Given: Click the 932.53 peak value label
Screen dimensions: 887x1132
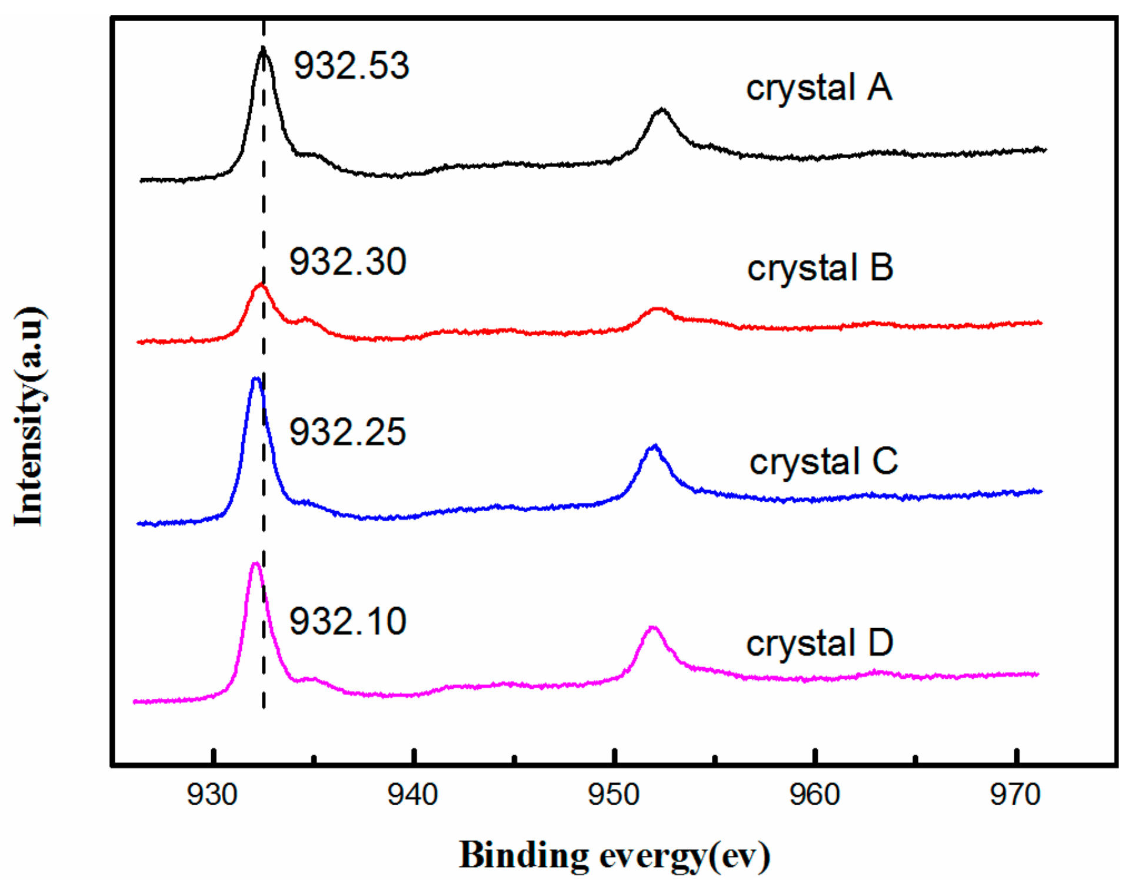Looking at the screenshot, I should [x=351, y=65].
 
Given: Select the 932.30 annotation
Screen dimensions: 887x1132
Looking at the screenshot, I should [x=348, y=262].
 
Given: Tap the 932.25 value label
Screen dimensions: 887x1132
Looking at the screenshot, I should [x=347, y=432].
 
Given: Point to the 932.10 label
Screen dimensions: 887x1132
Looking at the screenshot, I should [x=348, y=621].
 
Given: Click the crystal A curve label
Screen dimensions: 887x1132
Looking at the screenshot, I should [x=819, y=88].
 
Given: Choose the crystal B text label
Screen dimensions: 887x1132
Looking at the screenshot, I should [x=820, y=268].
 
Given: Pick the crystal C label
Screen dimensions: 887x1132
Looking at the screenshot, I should [x=824, y=462].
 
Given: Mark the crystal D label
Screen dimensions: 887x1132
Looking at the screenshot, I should [x=820, y=643].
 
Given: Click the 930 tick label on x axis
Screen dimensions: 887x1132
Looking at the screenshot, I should [x=212, y=795].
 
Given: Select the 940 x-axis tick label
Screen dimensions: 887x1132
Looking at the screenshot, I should [x=413, y=795].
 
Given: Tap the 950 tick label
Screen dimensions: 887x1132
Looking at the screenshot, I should [x=614, y=795].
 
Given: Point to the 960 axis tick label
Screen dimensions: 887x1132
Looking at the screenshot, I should [x=814, y=795].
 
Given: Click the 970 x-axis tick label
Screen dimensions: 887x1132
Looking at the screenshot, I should [x=1016, y=795].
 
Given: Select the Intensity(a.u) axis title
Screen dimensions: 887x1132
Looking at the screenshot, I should [x=29, y=416].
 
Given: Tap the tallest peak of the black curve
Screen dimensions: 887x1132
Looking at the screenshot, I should [x=263, y=49].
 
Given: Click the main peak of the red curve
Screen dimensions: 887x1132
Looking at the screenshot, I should [x=260, y=286].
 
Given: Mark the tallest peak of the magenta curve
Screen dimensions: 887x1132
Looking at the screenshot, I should [x=255, y=565].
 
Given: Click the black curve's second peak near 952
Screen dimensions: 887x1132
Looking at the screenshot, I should [x=662, y=110].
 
